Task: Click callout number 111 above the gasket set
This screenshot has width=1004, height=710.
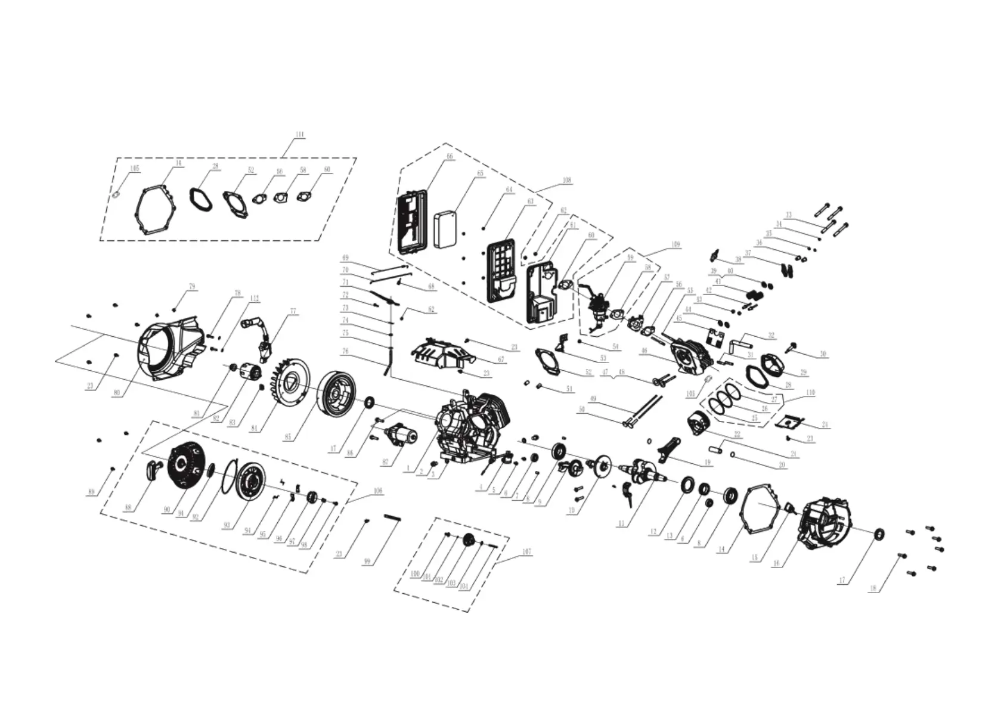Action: tap(299, 135)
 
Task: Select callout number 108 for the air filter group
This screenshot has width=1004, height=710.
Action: tap(566, 179)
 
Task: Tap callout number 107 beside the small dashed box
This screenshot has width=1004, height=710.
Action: tap(526, 551)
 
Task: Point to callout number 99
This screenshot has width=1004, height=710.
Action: tap(367, 561)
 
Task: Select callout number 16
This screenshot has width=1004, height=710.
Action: tap(776, 563)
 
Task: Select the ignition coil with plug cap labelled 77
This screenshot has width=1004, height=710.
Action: tap(261, 338)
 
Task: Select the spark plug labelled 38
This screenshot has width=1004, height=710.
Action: tap(714, 256)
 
